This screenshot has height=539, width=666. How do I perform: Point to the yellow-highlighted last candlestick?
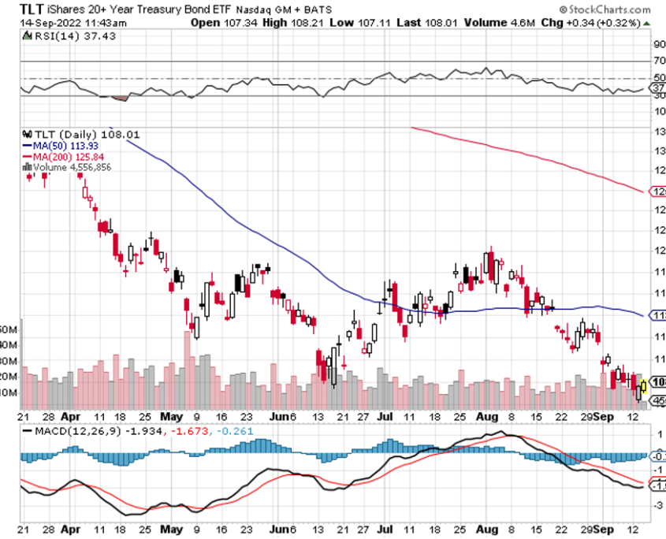644,386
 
